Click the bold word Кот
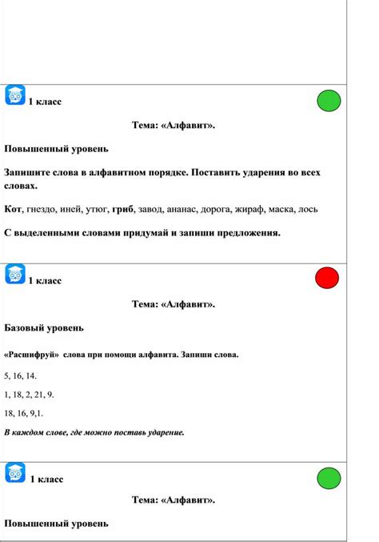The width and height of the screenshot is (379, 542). [13, 209]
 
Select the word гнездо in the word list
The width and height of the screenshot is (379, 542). [41, 209]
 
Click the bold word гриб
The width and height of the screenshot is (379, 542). [125, 209]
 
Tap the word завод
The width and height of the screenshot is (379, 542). [154, 209]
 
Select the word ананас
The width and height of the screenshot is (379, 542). [189, 209]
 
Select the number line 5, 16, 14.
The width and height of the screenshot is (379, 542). [20, 375]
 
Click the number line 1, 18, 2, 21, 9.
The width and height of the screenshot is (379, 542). [29, 394]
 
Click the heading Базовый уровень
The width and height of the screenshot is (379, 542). [44, 327]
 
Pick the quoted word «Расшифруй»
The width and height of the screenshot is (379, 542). [30, 354]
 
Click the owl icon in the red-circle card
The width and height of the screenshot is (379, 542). [15, 274]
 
